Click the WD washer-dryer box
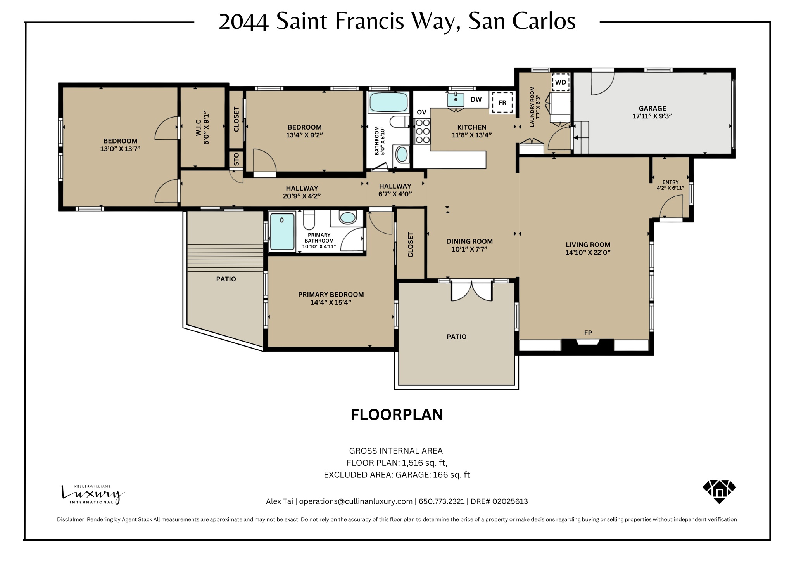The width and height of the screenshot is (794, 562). [560, 82]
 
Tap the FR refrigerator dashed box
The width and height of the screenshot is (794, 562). [502, 103]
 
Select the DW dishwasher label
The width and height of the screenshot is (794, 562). [476, 100]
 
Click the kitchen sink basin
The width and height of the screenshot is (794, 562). [456, 100]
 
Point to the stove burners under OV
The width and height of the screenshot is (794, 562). [422, 131]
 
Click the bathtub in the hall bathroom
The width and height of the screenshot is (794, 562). [388, 102]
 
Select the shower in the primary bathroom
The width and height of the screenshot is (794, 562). [282, 232]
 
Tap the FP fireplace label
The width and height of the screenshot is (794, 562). [588, 333]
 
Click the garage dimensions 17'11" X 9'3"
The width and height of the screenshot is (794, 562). [652, 116]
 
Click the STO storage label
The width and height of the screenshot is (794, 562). [236, 160]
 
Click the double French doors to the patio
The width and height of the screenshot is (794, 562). [471, 291]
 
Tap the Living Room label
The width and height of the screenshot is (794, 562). [588, 245]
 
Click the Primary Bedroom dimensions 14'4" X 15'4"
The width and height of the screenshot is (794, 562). [331, 302]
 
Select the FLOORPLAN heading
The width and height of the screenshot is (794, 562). [397, 415]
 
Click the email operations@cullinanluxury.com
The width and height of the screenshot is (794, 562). [356, 501]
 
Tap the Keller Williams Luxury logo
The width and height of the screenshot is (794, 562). [93, 494]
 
